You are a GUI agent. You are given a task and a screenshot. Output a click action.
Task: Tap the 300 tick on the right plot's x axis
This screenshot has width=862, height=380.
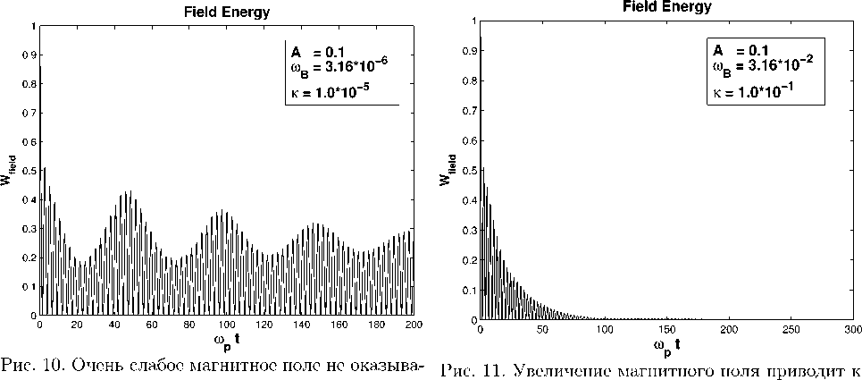click(854, 330)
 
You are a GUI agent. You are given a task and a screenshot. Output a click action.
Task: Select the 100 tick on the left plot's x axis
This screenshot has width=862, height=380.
click(227, 325)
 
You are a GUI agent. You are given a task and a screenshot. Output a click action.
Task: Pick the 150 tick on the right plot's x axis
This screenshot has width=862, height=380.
click(667, 330)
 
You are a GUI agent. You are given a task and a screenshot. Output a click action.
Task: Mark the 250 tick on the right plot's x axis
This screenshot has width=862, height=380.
click(791, 330)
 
